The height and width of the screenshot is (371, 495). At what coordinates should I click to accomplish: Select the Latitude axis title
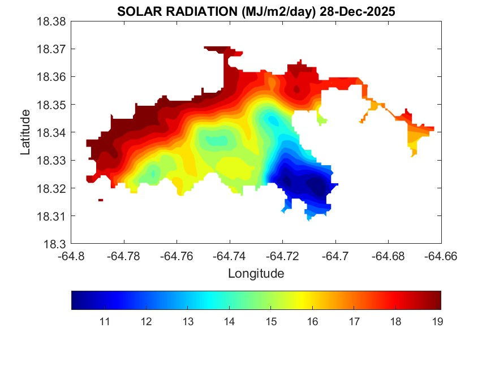click(x=25, y=132)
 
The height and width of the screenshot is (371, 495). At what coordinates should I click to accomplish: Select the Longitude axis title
click(x=256, y=274)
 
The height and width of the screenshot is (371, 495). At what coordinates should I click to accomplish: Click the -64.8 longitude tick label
click(x=72, y=256)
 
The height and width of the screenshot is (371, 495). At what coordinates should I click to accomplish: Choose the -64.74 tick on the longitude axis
click(x=230, y=256)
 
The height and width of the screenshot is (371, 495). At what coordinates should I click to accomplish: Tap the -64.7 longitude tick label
click(x=335, y=256)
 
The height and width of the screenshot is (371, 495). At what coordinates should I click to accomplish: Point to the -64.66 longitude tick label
click(x=441, y=256)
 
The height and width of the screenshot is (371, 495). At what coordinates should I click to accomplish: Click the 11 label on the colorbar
click(x=104, y=322)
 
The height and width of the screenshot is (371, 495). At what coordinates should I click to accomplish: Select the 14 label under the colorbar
click(x=229, y=322)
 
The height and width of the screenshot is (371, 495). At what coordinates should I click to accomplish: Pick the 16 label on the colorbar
click(x=312, y=322)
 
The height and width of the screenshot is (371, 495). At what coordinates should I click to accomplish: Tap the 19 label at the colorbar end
click(x=437, y=322)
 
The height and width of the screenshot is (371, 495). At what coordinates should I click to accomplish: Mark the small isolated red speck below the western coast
click(x=100, y=200)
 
